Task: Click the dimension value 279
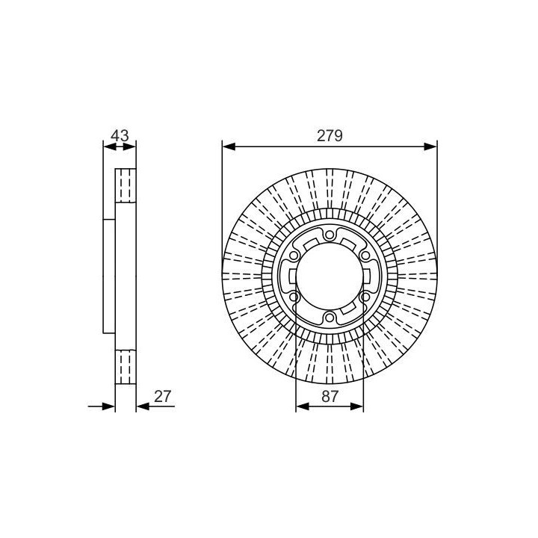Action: [330, 136]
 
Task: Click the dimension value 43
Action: [120, 135]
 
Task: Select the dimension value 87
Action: [330, 397]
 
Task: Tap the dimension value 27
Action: [162, 397]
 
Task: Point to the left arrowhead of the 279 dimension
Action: [229, 147]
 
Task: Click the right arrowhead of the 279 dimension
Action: [430, 147]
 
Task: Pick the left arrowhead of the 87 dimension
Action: [303, 407]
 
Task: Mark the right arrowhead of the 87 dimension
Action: [356, 407]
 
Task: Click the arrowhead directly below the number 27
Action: [143, 407]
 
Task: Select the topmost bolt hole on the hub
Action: [330, 235]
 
